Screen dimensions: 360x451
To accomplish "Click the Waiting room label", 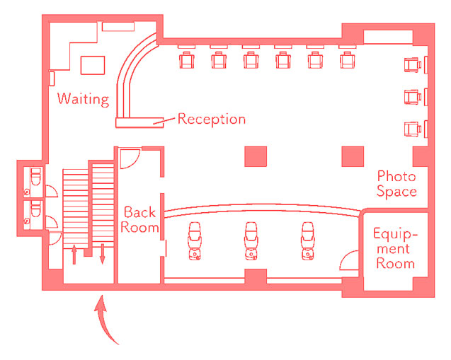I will click(83, 98).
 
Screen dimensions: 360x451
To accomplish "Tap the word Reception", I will click(211, 118).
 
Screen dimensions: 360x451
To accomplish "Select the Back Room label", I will click(139, 219).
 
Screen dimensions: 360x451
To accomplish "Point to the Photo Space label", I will click(396, 183).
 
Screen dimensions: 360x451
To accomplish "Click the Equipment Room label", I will click(395, 248).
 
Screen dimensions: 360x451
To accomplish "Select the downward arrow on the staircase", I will click(102, 253).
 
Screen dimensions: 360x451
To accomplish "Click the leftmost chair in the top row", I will click(186, 59).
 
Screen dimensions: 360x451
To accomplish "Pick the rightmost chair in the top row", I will click(346, 59).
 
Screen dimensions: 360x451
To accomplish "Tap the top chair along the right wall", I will click(412, 66).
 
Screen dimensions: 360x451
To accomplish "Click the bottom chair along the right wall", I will click(412, 128).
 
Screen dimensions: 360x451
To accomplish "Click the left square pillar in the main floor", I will click(256, 156).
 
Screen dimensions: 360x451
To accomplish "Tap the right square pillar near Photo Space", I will click(353, 156).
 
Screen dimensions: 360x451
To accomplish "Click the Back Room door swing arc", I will click(128, 158).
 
